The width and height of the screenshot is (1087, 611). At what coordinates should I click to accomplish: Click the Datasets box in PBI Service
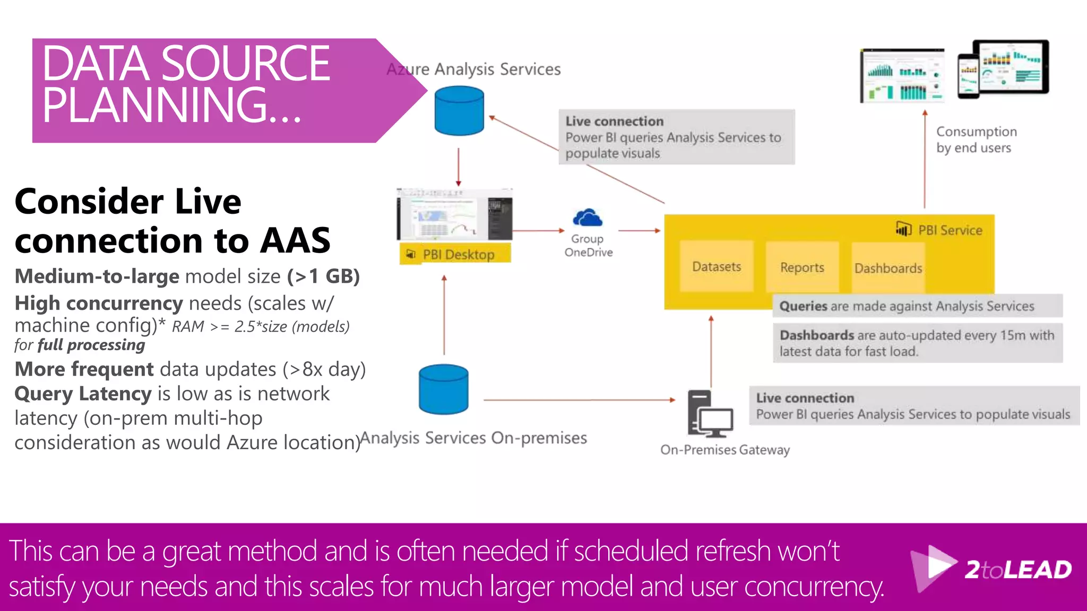pos(717,266)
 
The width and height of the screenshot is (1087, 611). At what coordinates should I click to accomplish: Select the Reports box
pos(802,267)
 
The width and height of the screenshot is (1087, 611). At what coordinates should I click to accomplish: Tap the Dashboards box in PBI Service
pos(888,268)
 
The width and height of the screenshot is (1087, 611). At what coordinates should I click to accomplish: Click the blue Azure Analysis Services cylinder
pos(459,111)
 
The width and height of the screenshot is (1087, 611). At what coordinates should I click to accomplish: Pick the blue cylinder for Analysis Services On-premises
pos(444,389)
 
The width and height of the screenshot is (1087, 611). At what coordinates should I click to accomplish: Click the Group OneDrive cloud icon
pos(588,218)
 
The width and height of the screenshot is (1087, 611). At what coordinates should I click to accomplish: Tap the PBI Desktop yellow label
pos(455,254)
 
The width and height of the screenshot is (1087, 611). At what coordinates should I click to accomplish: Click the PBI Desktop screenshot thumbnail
pos(454,214)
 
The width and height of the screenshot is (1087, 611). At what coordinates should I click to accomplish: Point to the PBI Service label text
pos(950,230)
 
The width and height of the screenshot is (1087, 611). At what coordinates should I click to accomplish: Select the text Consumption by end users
pos(975,139)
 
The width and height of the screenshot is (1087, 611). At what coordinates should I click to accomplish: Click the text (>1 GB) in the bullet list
pos(324,276)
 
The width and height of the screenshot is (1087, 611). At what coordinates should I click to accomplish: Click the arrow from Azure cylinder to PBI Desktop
pos(459,167)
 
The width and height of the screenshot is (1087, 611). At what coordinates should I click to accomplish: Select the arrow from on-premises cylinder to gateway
pos(579,400)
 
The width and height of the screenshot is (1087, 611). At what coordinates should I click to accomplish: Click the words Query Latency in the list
pos(83,394)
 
